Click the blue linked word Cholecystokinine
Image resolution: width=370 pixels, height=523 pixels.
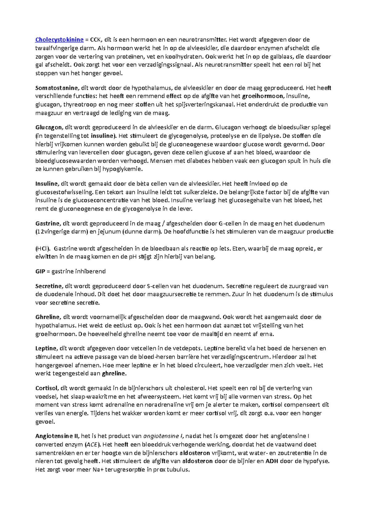click(x=60, y=39)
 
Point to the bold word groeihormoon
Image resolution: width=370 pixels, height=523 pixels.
click(x=262, y=96)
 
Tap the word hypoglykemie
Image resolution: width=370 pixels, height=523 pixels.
click(x=122, y=169)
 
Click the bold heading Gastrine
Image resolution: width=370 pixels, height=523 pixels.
click(x=47, y=223)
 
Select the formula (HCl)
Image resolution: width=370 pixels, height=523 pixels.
click(x=43, y=249)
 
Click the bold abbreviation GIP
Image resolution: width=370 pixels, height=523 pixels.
click(x=40, y=271)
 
